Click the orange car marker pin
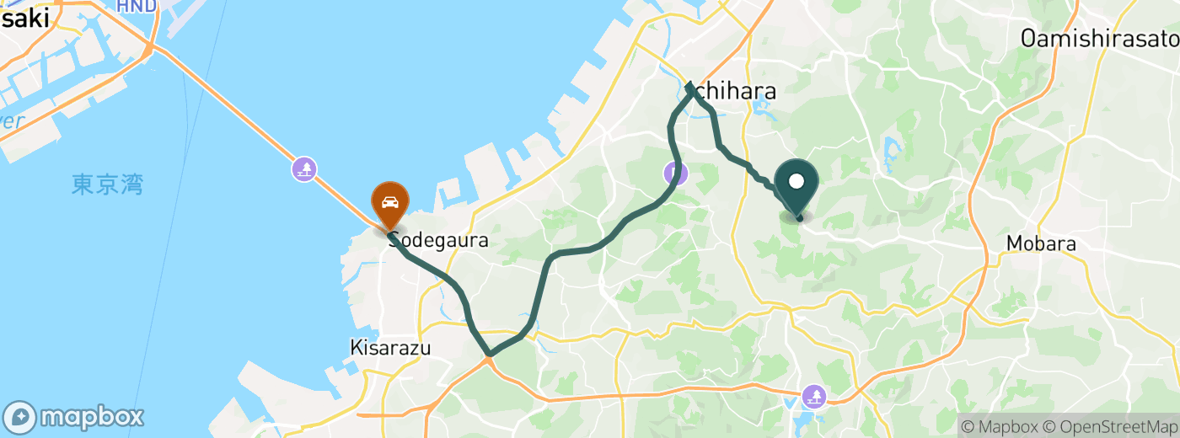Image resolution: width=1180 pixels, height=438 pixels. point(390,203)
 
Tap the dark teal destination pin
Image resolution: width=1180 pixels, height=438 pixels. point(796,182)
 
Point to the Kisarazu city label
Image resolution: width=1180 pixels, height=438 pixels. point(390,346)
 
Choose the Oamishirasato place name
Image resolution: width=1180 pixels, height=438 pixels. point(1099,38)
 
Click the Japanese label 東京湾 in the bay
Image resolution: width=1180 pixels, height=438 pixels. point(107,184)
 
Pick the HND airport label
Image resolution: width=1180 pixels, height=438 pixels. point(137,7)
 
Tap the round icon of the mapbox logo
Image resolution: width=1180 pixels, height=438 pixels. point(20,417)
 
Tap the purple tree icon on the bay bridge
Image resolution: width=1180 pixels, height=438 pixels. point(304,169)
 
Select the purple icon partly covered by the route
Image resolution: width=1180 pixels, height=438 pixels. point(674,174)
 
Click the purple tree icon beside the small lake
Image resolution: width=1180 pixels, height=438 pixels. point(814,394)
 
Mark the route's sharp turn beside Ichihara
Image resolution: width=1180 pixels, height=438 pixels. point(690,85)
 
